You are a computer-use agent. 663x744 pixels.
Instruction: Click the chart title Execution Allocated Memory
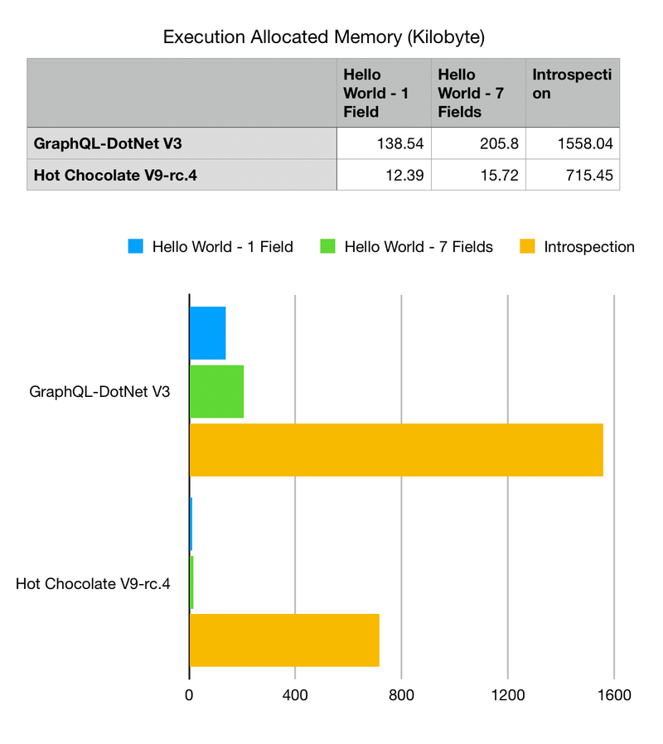point(324,37)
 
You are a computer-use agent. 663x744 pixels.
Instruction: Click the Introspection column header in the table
point(572,84)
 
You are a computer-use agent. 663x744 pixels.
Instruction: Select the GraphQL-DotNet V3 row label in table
point(108,143)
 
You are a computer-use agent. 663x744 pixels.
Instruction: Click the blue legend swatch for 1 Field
point(136,246)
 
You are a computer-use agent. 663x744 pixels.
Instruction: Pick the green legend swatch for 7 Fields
point(328,246)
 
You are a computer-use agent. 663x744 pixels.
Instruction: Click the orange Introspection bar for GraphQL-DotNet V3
point(396,450)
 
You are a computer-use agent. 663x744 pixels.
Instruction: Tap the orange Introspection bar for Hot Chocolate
point(284,640)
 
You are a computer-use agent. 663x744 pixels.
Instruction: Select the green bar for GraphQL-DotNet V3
point(216,391)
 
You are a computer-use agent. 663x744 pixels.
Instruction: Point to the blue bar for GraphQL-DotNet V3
point(207,333)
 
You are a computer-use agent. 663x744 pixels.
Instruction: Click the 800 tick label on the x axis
point(401,696)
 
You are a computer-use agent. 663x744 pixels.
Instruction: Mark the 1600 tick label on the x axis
point(613,696)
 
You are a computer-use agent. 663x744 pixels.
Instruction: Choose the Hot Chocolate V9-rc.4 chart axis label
point(93,584)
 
